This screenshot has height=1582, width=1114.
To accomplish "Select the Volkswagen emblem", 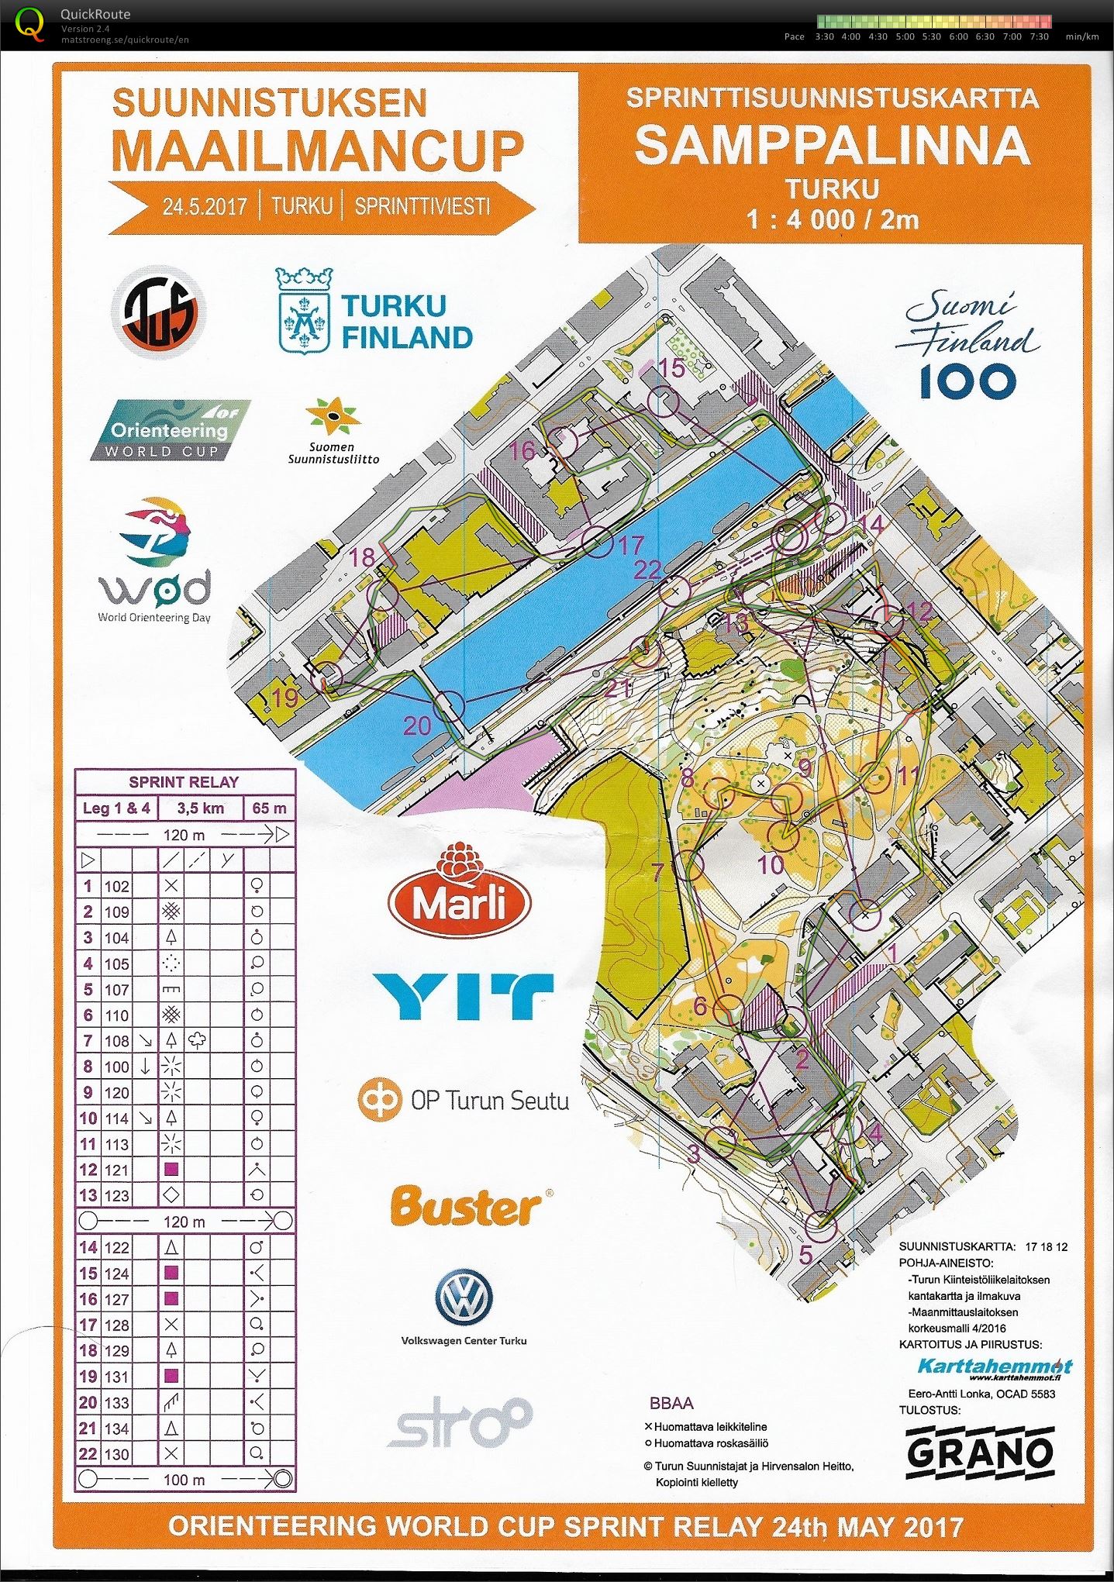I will pyautogui.click(x=463, y=1298).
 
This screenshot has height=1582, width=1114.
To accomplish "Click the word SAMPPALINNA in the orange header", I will pyautogui.click(x=833, y=146).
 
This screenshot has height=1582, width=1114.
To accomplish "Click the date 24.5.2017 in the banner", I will pyautogui.click(x=205, y=207).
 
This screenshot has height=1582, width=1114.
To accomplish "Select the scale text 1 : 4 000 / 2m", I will pyautogui.click(x=833, y=220).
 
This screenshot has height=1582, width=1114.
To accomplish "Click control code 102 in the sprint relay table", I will pyautogui.click(x=117, y=887).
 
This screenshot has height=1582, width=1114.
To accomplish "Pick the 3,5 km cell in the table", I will pyautogui.click(x=200, y=808).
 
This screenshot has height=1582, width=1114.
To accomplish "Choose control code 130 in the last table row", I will pyautogui.click(x=117, y=1454).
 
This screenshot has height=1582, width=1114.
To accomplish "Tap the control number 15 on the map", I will pyautogui.click(x=671, y=368).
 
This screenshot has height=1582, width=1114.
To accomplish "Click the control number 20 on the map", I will pyautogui.click(x=417, y=726).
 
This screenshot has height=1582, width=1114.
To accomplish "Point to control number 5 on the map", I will pyautogui.click(x=805, y=1253).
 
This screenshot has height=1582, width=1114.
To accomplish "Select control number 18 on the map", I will pyautogui.click(x=362, y=557).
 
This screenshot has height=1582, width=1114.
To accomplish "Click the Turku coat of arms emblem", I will pyautogui.click(x=305, y=310).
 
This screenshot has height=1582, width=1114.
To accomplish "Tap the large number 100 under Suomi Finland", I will pyautogui.click(x=967, y=381).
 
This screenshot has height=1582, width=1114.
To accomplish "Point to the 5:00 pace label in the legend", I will pyautogui.click(x=905, y=36).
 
